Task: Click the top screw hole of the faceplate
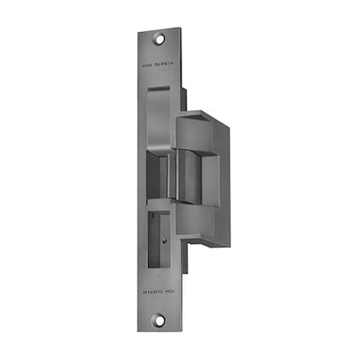pos(159,37)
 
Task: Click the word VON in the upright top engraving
pos(146,65)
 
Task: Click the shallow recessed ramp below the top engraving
pos(160,112)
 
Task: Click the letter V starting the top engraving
pos(142,65)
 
